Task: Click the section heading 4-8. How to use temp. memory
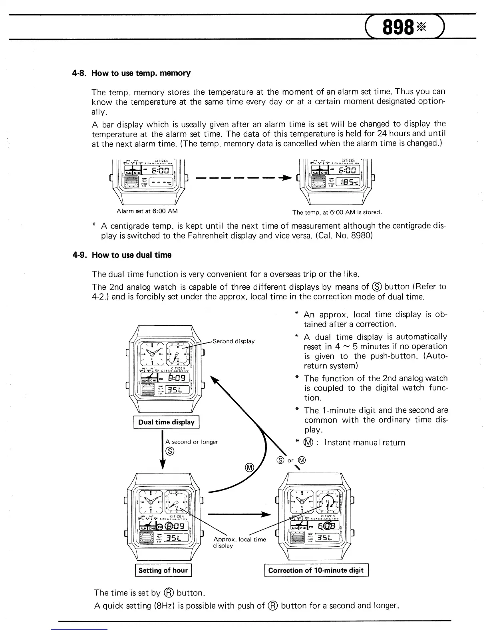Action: point(141,73)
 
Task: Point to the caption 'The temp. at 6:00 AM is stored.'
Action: point(337,212)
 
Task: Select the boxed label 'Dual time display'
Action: point(166,422)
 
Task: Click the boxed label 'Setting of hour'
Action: point(163,570)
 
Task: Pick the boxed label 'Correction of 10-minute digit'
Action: point(316,570)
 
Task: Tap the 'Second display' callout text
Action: point(234,341)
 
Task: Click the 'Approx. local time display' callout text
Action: point(239,542)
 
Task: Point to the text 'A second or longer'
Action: point(191,442)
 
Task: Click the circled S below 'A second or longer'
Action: point(170,452)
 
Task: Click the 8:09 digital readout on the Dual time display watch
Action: point(176,378)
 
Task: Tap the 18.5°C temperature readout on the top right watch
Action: point(348,183)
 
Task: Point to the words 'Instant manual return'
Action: point(365,442)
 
